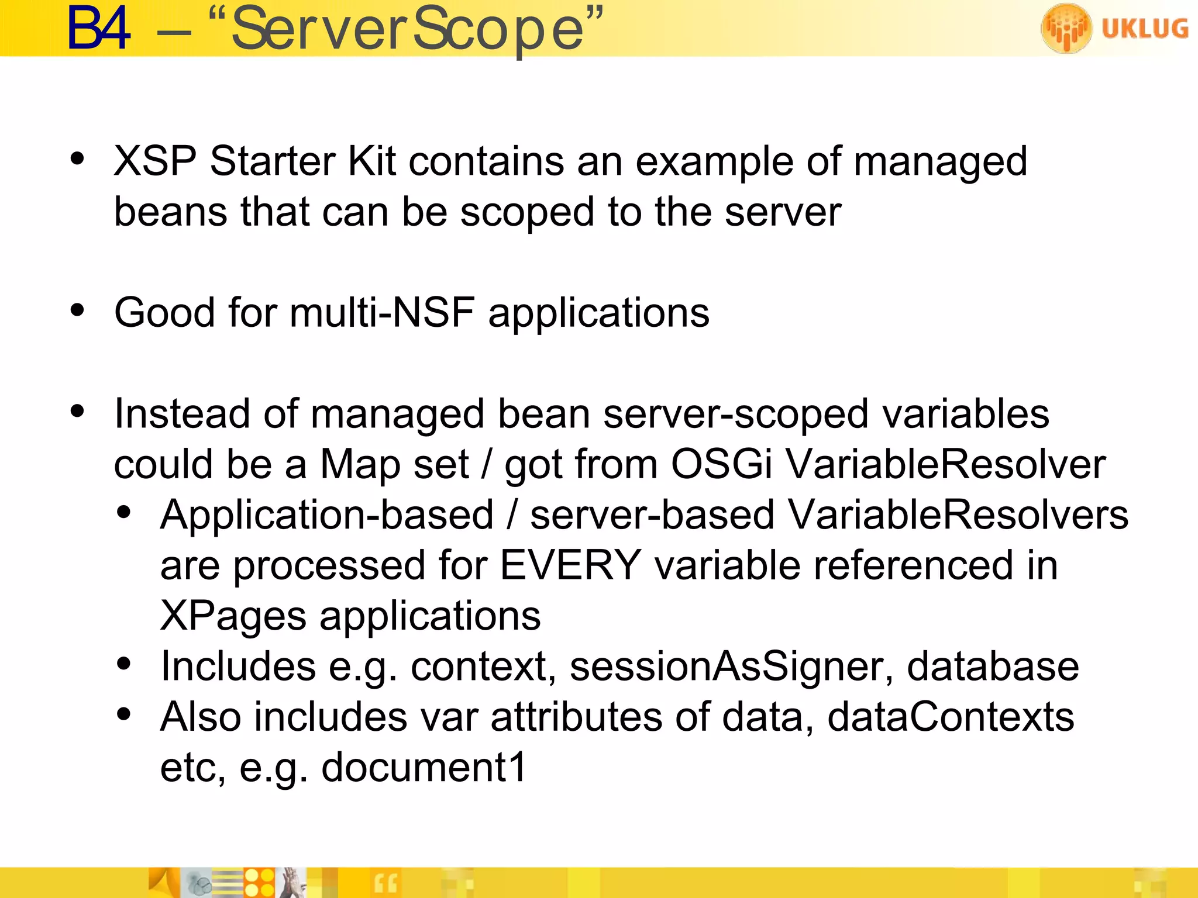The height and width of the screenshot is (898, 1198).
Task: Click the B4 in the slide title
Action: [x=98, y=29]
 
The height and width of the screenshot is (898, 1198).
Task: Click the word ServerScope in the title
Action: [x=408, y=29]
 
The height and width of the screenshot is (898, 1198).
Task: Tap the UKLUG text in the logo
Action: [x=1144, y=29]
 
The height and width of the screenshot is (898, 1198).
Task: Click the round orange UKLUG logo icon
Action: [x=1066, y=28]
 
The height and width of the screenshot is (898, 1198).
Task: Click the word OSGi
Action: [x=721, y=464]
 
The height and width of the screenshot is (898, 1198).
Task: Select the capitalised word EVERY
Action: [x=570, y=565]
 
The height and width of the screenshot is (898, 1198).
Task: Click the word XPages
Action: [x=233, y=616]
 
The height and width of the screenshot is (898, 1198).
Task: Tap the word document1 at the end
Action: [x=424, y=767]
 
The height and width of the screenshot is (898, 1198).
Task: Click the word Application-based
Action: [x=327, y=515]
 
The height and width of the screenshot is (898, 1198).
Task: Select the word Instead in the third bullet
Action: [x=182, y=414]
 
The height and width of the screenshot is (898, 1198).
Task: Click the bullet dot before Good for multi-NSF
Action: [x=77, y=310]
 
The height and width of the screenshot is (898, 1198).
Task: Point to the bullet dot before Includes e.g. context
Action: [x=123, y=664]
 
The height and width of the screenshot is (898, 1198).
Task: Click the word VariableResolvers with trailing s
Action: [x=957, y=515]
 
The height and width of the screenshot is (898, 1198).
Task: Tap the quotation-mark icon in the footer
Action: [x=385, y=883]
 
